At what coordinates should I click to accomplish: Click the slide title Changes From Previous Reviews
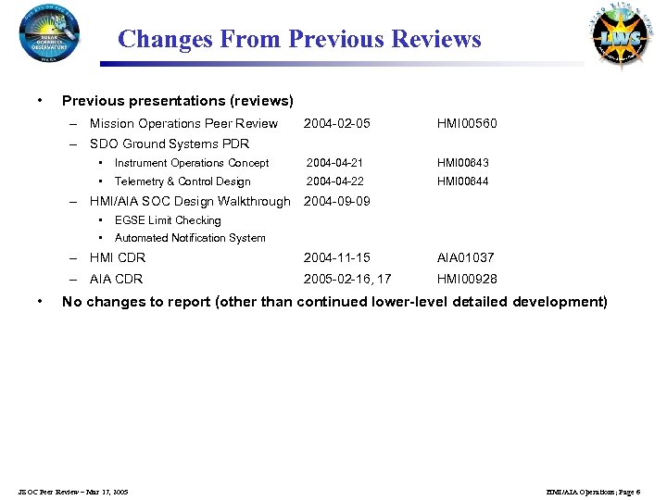[299, 40]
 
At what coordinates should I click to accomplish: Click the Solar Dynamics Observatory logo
[49, 33]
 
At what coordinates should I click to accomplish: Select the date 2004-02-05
[337, 124]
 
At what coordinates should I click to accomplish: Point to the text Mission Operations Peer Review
[183, 124]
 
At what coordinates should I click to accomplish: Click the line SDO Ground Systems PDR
[170, 144]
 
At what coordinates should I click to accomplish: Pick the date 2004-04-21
[335, 163]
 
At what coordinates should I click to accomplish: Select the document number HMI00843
[463, 163]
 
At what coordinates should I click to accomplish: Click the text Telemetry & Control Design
[182, 181]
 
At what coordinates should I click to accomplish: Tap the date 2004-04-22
[335, 181]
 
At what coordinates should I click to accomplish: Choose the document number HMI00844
[463, 181]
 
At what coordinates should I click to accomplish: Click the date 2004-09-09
[337, 201]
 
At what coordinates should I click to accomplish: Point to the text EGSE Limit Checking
[168, 220]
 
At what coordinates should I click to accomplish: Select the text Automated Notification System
[190, 238]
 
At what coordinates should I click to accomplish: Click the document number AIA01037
[466, 258]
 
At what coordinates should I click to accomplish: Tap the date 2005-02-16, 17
[347, 279]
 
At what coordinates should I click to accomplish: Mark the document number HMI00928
[467, 279]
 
